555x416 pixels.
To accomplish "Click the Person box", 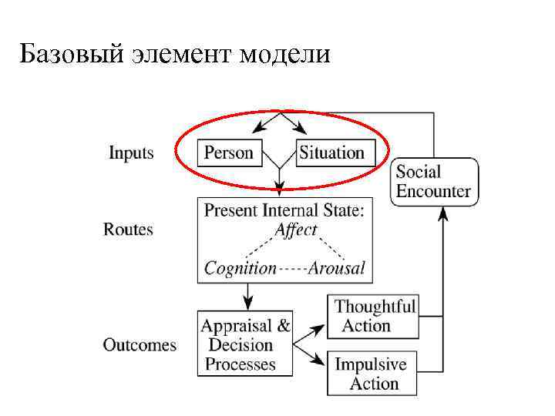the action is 229,153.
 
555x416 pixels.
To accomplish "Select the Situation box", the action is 331,153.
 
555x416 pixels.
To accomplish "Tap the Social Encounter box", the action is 433,181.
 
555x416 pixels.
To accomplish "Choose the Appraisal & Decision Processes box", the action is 245,344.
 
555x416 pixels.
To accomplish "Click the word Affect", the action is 296,230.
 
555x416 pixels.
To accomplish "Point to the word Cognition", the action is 240,268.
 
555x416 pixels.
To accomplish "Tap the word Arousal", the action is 336,268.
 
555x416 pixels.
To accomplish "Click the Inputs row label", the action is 131,153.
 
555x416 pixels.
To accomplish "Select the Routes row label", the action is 128,230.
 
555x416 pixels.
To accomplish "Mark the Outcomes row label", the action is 140,344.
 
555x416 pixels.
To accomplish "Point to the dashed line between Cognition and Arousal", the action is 292,269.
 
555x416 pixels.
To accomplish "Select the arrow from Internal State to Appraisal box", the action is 247,296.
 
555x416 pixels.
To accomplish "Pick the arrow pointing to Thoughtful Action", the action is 315,329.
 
